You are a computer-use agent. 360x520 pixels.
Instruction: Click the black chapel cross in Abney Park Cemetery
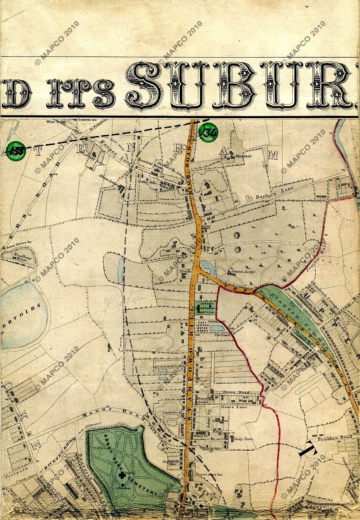(122, 475)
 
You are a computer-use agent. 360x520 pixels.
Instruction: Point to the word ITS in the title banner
(81, 92)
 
